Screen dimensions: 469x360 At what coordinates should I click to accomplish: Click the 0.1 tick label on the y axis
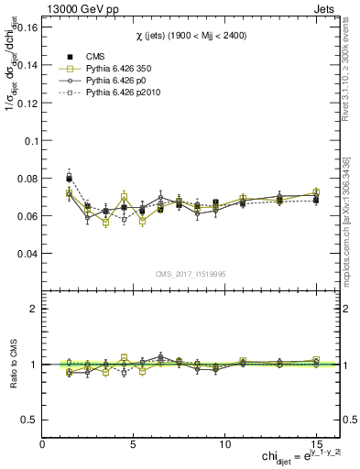click(x=29, y=141)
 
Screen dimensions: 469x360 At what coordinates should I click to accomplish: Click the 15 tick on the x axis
click(x=316, y=442)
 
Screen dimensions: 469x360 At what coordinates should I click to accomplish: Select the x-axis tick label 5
click(x=134, y=442)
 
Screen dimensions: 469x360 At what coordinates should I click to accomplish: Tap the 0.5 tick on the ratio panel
click(x=29, y=420)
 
